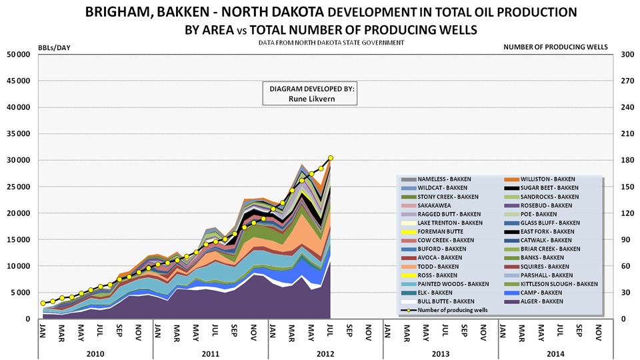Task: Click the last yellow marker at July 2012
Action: [x=331, y=158]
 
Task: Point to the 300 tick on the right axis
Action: [x=627, y=54]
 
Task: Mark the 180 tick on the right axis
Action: [x=627, y=160]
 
